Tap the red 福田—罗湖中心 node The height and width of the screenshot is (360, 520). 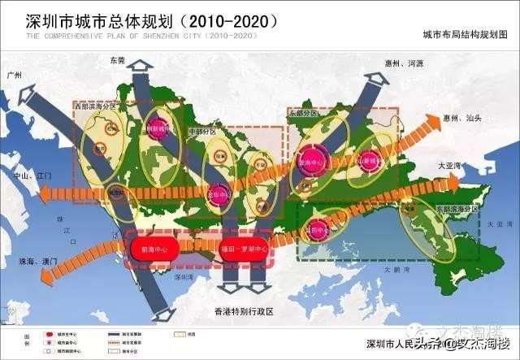coord(247,249)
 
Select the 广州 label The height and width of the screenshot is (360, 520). coord(14,74)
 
